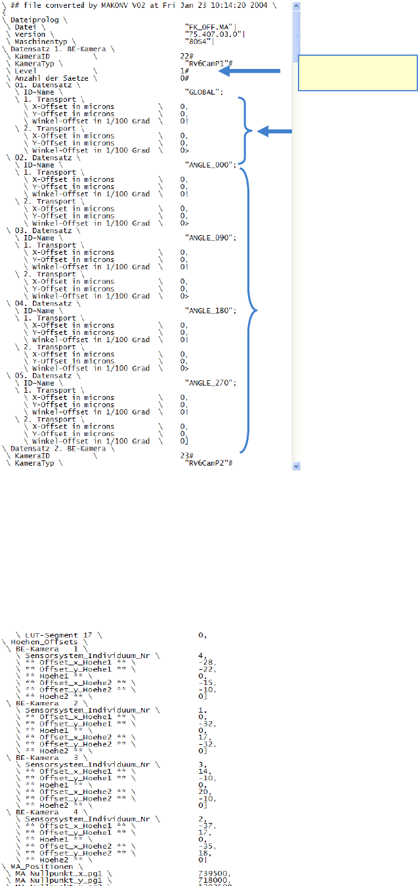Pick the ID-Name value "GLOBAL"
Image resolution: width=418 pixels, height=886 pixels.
[203, 93]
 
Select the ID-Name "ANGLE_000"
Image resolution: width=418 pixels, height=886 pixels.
[209, 165]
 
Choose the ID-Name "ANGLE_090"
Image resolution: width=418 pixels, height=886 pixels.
[209, 238]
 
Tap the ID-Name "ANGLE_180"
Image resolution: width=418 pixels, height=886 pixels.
[209, 310]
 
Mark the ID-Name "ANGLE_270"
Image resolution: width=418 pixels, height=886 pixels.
[209, 383]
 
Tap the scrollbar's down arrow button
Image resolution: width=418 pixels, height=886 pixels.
[295, 465]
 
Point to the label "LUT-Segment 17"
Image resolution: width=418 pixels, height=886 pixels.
[64, 634]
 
